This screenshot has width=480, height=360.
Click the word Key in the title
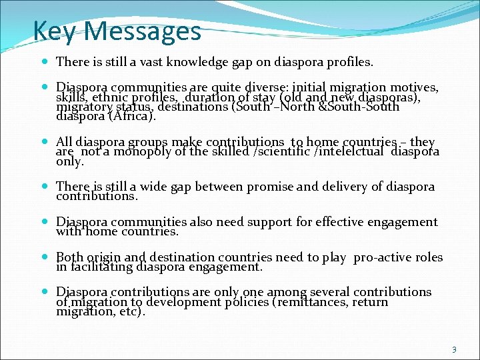56,31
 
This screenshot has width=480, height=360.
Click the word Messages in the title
141,31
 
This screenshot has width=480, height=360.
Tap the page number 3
454,349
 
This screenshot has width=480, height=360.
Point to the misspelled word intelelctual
354,152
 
